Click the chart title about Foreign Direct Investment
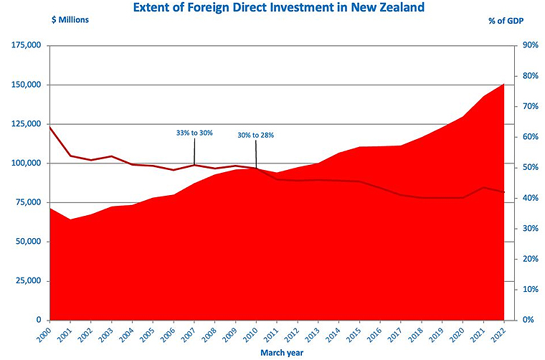tap(274, 8)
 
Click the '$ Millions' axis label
tap(70, 20)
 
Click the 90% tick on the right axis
tap(531, 45)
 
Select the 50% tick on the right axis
tap(531, 167)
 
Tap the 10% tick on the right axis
tap(531, 289)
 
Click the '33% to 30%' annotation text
tap(194, 133)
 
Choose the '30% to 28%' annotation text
tap(255, 135)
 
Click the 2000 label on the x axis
tap(44, 333)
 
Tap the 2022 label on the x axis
tap(501, 333)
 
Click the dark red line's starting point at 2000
tap(49, 127)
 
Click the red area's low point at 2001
tap(70, 219)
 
